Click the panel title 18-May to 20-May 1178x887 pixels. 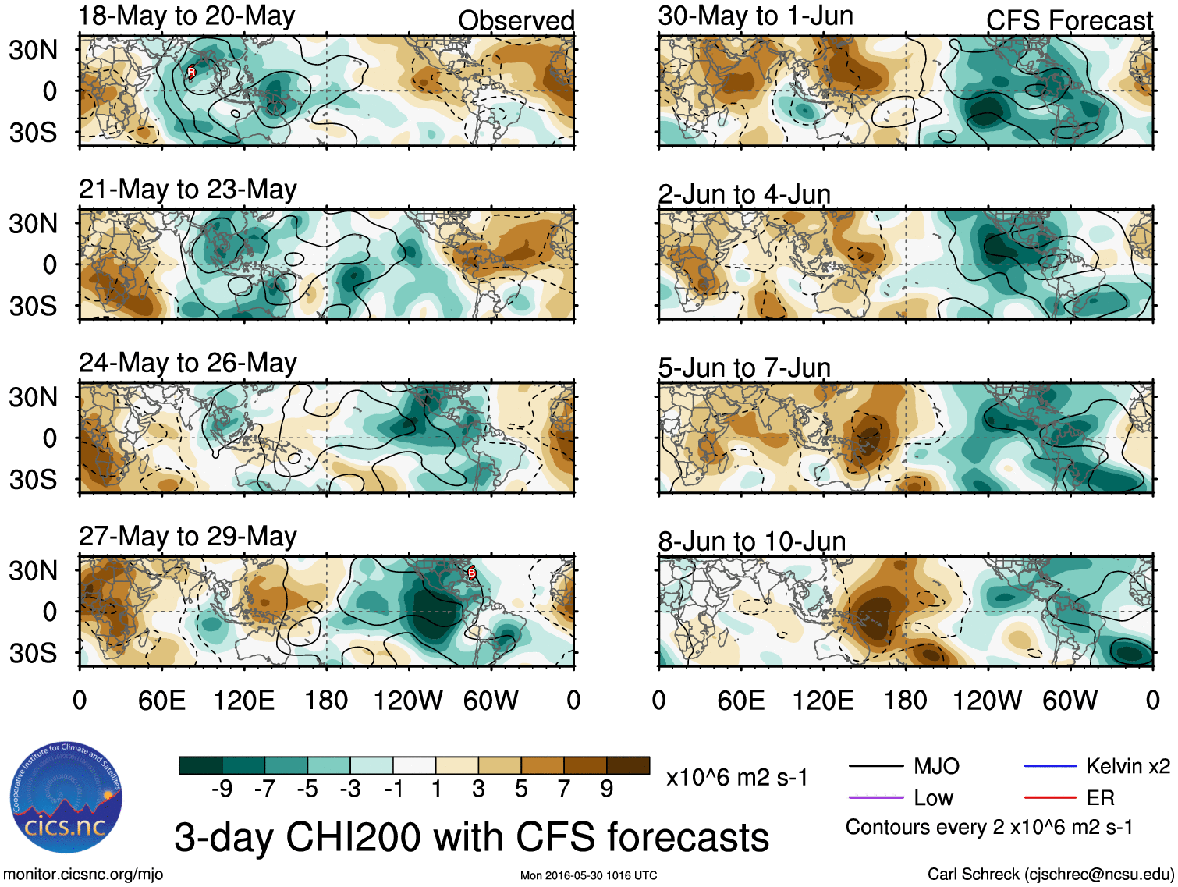click(187, 16)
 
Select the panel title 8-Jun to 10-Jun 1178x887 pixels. click(751, 541)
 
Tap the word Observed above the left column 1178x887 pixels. click(516, 20)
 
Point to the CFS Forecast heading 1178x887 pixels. click(1069, 20)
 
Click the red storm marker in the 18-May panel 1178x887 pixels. click(191, 72)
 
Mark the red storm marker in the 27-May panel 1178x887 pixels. click(471, 573)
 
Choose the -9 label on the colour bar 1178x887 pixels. click(222, 789)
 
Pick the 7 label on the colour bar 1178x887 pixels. click(563, 789)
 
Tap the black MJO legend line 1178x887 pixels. click(875, 767)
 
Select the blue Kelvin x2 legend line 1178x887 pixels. click(1050, 767)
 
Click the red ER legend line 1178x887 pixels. click(1050, 798)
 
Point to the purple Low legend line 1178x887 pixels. click(875, 798)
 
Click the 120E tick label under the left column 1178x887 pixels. click(243, 700)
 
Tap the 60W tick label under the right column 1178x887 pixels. click(1070, 700)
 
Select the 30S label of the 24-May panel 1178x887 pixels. click(33, 479)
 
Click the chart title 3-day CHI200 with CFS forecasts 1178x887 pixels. click(471, 837)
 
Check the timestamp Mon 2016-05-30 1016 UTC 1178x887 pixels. click(588, 875)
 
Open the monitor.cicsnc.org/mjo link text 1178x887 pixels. click(83, 874)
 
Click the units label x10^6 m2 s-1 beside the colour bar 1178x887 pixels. click(736, 777)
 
